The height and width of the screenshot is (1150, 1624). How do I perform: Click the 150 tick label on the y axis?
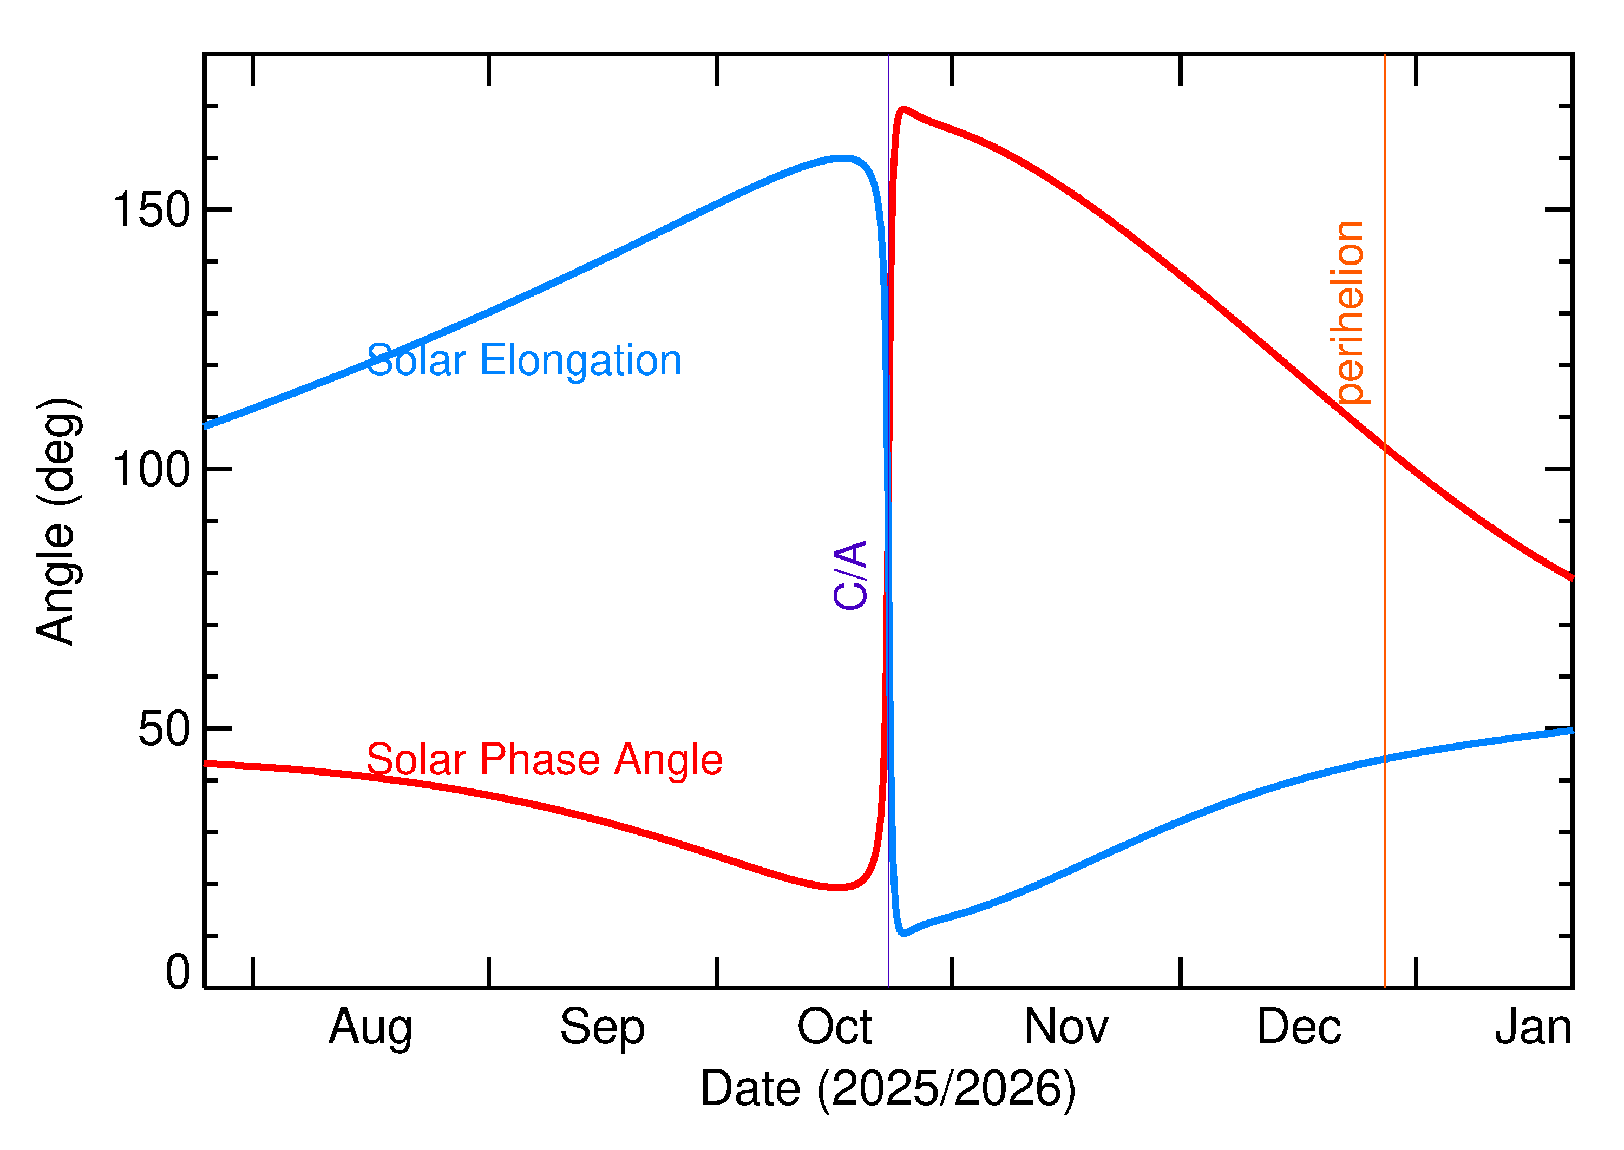[x=152, y=211]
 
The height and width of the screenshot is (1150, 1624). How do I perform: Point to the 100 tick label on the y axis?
[x=152, y=470]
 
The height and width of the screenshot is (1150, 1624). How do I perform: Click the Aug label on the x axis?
[x=370, y=1028]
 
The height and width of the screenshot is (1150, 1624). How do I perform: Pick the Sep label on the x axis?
[x=602, y=1028]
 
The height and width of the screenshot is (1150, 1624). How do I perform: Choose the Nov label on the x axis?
[x=1066, y=1028]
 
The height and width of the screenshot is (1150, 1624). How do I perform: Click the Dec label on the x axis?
[x=1298, y=1028]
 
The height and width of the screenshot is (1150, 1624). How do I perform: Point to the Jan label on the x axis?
[x=1533, y=1028]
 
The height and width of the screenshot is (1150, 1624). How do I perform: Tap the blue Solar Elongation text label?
[x=524, y=360]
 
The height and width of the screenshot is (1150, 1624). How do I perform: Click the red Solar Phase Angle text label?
[x=544, y=760]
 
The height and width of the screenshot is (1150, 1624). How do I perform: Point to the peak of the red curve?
[x=903, y=110]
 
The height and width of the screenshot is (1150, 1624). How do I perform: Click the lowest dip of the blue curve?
[x=903, y=934]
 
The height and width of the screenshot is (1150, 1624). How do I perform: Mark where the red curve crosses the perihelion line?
[x=1385, y=446]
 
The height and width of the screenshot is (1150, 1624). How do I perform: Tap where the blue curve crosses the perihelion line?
[x=1385, y=759]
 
